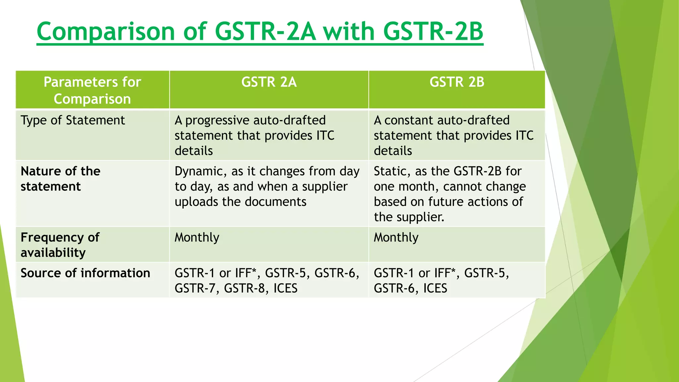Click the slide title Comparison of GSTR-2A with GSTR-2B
coord(260,32)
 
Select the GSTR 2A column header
coord(269,82)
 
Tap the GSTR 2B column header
coord(457,82)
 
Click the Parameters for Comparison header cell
coord(92,90)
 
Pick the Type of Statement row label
coord(73,120)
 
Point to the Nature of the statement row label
coord(60,179)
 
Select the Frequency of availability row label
coord(60,245)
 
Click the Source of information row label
coord(85,273)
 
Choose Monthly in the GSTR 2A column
coord(197,237)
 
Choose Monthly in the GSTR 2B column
coord(396,237)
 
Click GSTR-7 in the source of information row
coord(197,288)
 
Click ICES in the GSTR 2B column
coord(435,288)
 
